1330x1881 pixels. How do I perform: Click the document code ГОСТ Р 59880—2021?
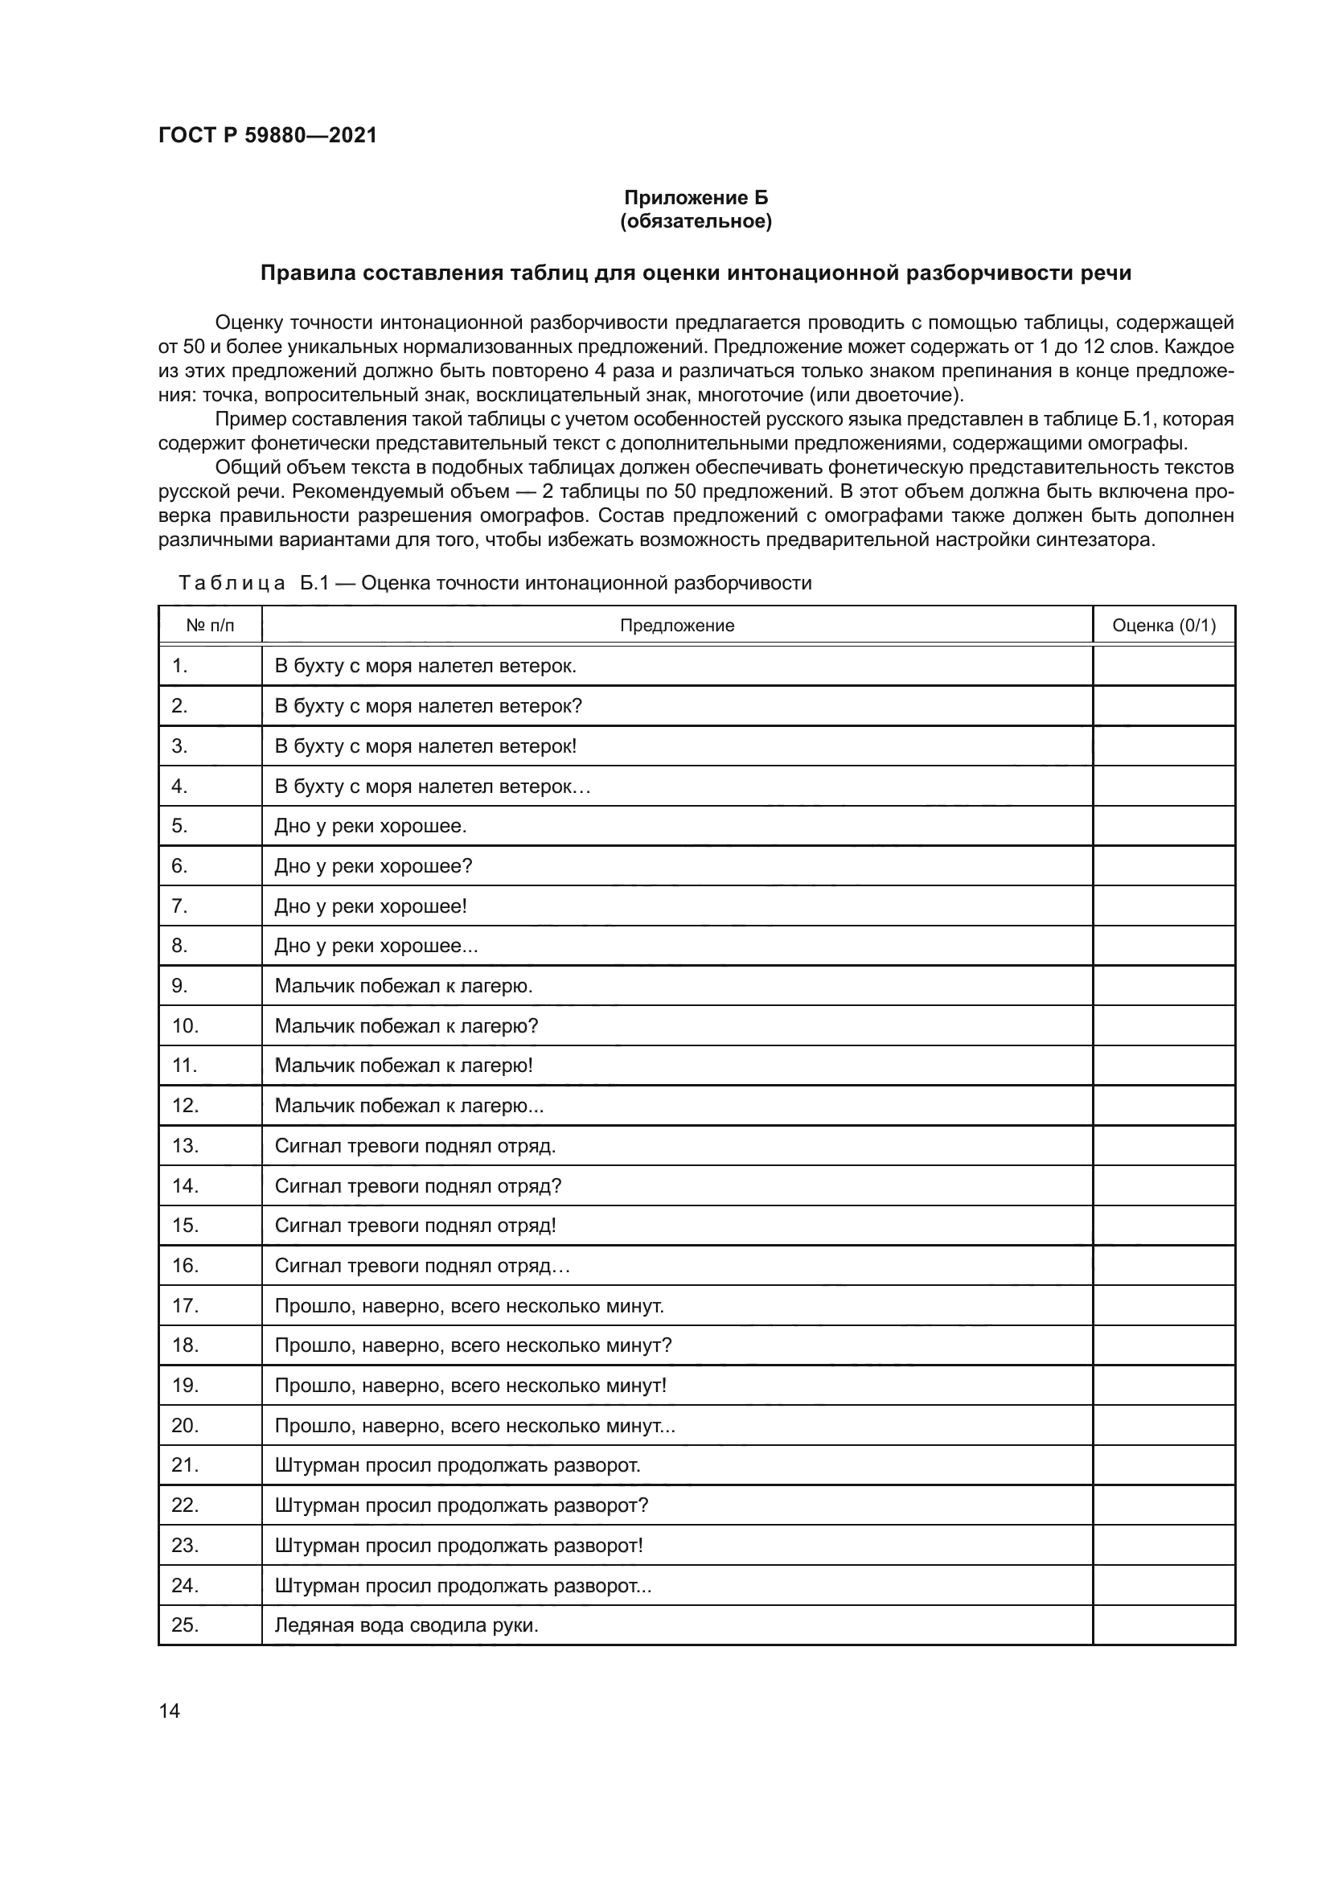coord(267,135)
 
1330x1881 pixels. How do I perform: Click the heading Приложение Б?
coord(696,198)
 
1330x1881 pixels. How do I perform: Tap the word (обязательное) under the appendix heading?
coord(696,221)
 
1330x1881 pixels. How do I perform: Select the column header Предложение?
coord(676,626)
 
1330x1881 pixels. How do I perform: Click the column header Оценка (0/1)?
coord(1163,626)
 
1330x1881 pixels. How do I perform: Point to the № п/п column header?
coord(210,626)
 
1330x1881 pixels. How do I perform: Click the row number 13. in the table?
coord(185,1145)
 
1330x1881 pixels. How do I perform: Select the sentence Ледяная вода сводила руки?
coord(406,1624)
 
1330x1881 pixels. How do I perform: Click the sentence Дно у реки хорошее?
coord(373,866)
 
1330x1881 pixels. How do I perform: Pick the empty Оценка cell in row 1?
coord(1163,666)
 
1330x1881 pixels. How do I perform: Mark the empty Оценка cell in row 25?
coord(1163,1624)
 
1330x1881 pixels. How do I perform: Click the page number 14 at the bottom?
coord(170,1711)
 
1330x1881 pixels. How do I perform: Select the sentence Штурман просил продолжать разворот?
coord(461,1505)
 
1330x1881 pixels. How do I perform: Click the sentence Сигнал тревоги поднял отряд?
coord(415,1145)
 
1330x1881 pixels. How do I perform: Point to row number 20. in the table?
coord(185,1426)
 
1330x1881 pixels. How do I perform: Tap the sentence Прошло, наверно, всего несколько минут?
coord(470,1386)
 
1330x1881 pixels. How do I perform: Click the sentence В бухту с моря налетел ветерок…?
coord(433,786)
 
